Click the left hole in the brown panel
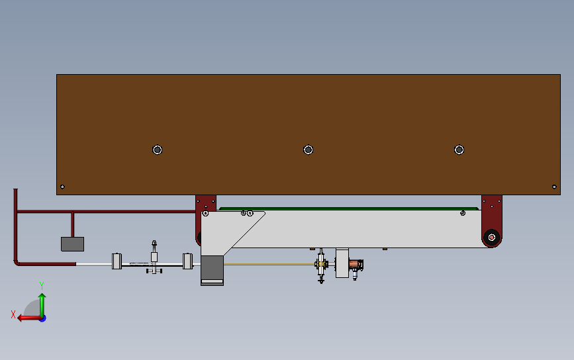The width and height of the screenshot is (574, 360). click(157, 150)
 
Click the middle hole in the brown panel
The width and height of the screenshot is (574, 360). click(308, 150)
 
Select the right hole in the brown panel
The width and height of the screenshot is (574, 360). click(459, 150)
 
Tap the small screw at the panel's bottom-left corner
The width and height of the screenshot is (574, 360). click(62, 187)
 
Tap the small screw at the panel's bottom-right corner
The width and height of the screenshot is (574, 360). click(554, 187)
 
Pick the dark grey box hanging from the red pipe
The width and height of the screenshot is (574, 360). click(72, 244)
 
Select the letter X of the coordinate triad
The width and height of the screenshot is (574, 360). click(13, 314)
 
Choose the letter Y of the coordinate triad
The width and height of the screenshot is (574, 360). click(41, 285)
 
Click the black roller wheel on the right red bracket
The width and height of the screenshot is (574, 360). click(491, 236)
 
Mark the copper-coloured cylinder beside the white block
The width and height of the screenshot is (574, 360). click(356, 267)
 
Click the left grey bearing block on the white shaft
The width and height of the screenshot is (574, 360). click(117, 261)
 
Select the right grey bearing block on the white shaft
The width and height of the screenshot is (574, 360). click(187, 261)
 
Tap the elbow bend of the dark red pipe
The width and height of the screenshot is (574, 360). click(17, 261)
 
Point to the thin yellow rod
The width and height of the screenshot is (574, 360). click(271, 264)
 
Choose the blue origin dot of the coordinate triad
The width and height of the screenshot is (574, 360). click(42, 318)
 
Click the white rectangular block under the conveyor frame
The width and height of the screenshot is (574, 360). click(342, 263)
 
